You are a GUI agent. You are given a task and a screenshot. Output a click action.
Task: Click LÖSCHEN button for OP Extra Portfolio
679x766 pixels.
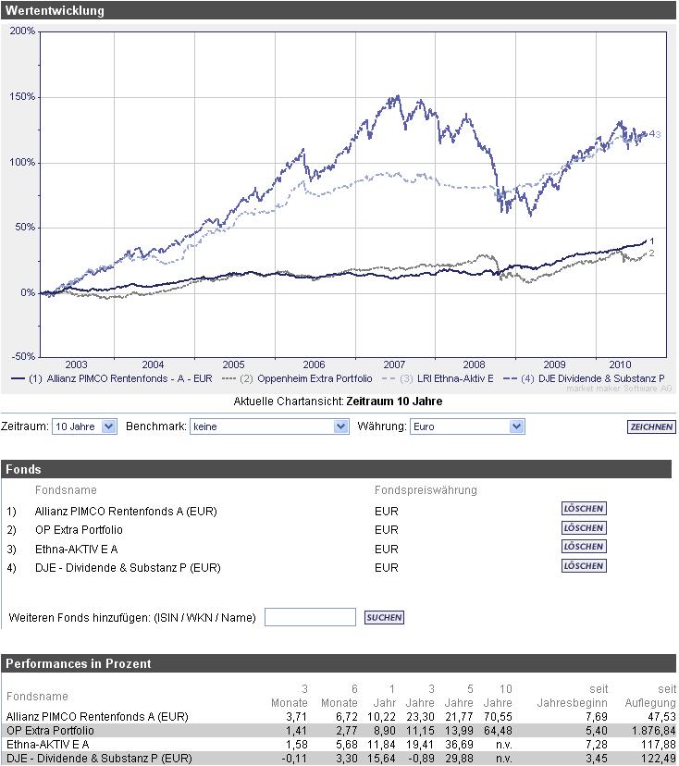[x=584, y=528]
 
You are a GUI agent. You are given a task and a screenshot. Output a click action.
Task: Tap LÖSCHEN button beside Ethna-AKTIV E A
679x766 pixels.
[x=584, y=547]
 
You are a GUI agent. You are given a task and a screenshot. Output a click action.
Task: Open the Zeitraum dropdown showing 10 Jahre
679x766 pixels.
[x=84, y=426]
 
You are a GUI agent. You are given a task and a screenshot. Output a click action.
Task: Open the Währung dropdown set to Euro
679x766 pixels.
[x=466, y=426]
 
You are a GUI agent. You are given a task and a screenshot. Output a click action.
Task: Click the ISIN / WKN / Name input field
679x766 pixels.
[x=310, y=617]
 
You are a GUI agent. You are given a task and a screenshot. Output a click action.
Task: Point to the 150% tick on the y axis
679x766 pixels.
[x=22, y=96]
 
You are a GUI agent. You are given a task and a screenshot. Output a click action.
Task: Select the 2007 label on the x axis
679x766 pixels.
[x=394, y=364]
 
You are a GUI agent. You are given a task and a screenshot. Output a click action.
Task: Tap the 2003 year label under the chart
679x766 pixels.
[x=76, y=364]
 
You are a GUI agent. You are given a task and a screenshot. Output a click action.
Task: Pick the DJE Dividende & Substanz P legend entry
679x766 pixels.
[x=593, y=378]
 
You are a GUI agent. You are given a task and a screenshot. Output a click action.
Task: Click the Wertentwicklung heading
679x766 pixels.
[x=55, y=11]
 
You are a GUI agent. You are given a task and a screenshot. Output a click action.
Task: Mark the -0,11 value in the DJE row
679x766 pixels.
[x=293, y=759]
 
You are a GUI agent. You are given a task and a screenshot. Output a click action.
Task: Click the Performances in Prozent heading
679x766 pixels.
[x=78, y=663]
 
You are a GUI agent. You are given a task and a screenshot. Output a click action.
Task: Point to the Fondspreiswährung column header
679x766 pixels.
[x=426, y=490]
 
